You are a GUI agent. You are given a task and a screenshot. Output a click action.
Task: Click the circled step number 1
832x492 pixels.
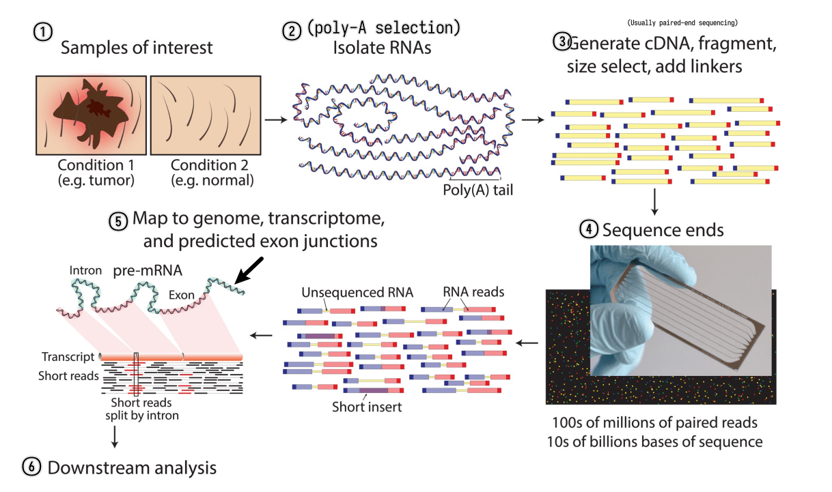[43, 33]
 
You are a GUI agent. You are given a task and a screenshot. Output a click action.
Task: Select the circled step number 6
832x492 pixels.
[31, 467]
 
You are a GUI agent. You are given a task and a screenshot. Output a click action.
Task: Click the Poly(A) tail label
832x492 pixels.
[477, 190]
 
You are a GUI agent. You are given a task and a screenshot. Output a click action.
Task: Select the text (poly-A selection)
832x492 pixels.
[383, 29]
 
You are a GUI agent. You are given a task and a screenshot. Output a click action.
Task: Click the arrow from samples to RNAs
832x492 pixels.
[274, 120]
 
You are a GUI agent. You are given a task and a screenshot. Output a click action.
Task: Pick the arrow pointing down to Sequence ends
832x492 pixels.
[655, 201]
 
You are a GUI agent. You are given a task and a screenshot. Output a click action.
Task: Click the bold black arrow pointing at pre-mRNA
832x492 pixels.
[250, 269]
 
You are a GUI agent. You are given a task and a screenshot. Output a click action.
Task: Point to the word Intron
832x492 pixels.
[85, 270]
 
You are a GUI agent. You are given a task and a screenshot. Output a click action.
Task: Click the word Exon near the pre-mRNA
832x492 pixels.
[181, 296]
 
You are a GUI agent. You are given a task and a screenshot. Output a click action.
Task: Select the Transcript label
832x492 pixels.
[66, 357]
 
